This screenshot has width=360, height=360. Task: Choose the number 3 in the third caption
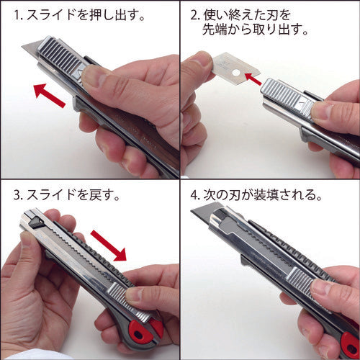point(16,195)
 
